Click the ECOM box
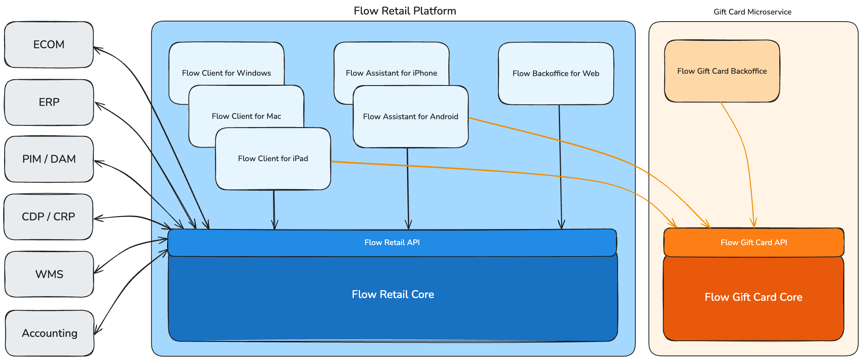click(49, 45)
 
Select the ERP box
click(49, 102)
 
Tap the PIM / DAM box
click(49, 159)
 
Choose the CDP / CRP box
click(48, 217)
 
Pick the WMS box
click(49, 274)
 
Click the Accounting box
click(49, 333)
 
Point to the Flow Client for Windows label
click(226, 73)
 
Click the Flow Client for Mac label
click(246, 116)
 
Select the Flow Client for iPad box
click(273, 159)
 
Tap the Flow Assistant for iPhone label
click(391, 73)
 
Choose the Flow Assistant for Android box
click(411, 117)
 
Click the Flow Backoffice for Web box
click(556, 74)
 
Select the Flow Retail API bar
click(392, 243)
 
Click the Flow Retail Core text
click(393, 295)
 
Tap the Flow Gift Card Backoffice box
click(722, 71)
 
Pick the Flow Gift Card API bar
click(754, 243)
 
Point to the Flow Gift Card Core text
click(753, 297)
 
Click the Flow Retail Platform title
click(405, 11)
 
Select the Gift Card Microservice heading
click(752, 12)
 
